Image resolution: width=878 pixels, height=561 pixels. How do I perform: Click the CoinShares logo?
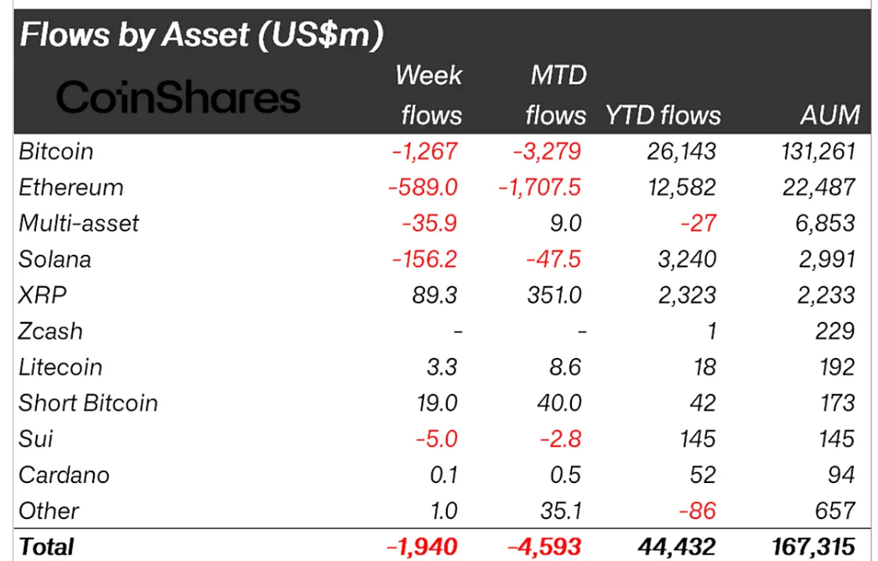point(178,98)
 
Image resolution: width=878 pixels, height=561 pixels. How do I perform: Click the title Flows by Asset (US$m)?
point(201,34)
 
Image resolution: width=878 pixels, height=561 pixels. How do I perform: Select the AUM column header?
point(829,115)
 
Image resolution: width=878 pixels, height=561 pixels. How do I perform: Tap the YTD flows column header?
point(662,115)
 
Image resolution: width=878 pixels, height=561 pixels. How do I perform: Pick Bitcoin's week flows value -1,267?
point(424,152)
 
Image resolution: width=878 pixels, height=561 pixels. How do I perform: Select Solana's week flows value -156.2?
point(423,259)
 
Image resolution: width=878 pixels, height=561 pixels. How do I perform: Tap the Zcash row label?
point(50,331)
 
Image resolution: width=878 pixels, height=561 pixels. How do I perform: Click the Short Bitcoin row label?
point(88,403)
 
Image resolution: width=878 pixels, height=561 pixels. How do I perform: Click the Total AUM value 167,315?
point(808,547)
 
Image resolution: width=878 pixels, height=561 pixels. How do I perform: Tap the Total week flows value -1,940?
point(422,547)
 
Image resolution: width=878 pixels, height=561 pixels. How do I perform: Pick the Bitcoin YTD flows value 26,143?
point(676,152)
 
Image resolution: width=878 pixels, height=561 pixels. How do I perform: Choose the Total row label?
point(46,547)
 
